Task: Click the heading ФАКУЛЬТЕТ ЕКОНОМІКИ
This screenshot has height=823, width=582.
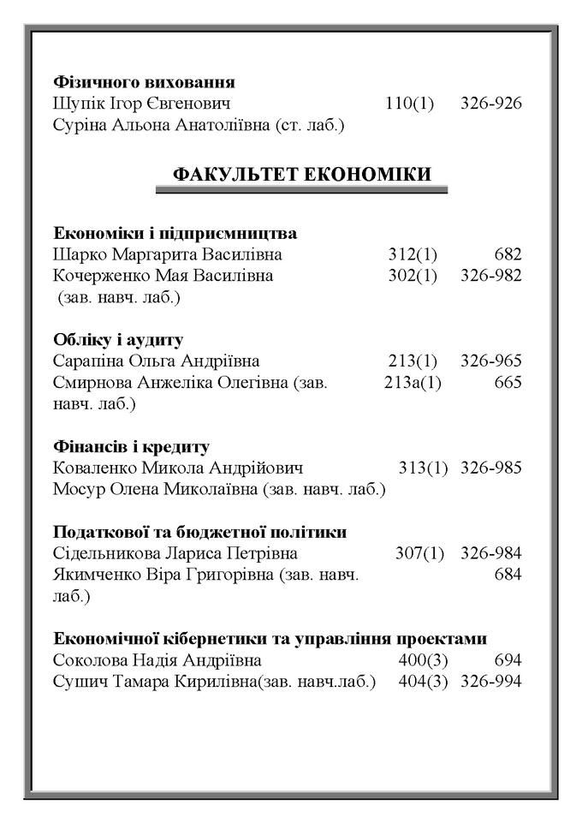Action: point(302,175)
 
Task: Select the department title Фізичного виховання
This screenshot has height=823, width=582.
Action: point(144,83)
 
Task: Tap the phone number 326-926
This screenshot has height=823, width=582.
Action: point(490,104)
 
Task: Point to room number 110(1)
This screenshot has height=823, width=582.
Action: point(410,104)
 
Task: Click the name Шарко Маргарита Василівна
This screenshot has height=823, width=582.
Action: point(168,254)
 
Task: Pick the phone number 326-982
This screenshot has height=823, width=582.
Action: point(490,276)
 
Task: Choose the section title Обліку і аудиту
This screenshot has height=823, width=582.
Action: point(118,340)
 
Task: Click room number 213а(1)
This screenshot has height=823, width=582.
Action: point(413,383)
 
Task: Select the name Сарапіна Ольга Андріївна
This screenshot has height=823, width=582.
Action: point(157,361)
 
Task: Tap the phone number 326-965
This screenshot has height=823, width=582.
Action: point(490,361)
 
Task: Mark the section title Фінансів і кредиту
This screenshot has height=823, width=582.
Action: point(132,447)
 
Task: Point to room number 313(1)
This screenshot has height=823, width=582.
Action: point(423,468)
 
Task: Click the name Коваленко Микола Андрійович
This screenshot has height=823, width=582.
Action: point(178,468)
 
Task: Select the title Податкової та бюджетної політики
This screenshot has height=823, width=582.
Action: point(200,532)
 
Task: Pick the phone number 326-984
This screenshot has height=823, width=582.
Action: point(490,553)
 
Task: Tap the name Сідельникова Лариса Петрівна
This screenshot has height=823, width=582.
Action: point(175,553)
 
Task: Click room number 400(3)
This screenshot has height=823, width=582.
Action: point(423,660)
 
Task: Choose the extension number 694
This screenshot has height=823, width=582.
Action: point(508,660)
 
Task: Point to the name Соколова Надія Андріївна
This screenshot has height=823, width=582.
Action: point(157,660)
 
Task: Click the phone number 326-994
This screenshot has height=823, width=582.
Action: point(490,682)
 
